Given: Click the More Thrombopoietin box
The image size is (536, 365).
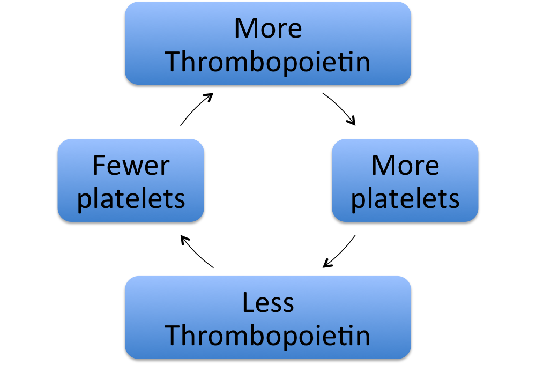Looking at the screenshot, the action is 268,43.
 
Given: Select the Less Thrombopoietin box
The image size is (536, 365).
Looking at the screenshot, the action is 268,317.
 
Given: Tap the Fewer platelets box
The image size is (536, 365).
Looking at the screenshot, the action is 131,181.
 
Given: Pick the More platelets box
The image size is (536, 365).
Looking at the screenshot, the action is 405,181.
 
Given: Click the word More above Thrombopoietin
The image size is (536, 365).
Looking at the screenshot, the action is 268,28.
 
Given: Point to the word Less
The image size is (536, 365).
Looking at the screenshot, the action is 268,302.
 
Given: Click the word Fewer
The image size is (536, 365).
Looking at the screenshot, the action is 131,166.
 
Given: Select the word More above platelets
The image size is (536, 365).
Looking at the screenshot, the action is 405,166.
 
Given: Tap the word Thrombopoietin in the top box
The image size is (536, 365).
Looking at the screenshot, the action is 267,63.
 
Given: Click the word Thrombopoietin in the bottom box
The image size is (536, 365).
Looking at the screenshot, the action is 267,336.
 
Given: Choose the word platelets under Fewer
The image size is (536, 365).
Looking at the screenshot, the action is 131,199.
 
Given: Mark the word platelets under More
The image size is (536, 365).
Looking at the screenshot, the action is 405,199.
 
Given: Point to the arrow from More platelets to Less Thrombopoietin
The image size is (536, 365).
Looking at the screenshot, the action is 340,252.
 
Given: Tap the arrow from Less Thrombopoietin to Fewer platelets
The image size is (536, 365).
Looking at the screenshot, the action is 196,252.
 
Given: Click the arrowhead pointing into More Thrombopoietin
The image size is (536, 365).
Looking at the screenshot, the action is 209,96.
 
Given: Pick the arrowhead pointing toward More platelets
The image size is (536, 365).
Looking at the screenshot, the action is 352,121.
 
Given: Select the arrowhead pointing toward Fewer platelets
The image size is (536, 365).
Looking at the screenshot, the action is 185,239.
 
